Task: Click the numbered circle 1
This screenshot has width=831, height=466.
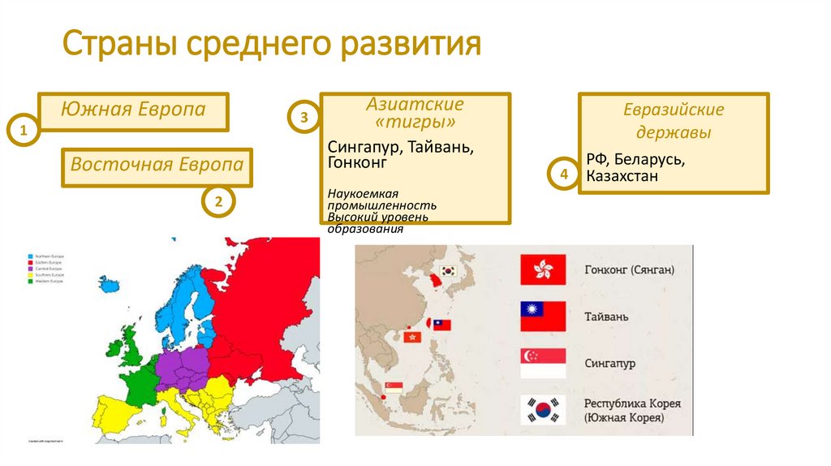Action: point(24,131)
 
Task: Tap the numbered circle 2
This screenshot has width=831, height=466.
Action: point(218,201)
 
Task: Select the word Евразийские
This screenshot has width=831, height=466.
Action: point(674,110)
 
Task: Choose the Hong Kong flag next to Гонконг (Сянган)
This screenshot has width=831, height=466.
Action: point(543,270)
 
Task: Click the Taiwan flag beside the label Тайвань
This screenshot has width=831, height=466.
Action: point(543,317)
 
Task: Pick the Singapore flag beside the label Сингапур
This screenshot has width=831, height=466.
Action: point(543,363)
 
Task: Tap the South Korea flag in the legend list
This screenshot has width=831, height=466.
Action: point(543,410)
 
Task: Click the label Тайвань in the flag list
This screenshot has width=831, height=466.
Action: point(606,317)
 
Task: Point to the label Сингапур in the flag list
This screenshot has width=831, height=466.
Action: point(609,363)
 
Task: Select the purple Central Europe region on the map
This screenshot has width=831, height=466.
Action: point(183,366)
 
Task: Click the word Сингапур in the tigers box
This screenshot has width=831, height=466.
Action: point(364,148)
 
